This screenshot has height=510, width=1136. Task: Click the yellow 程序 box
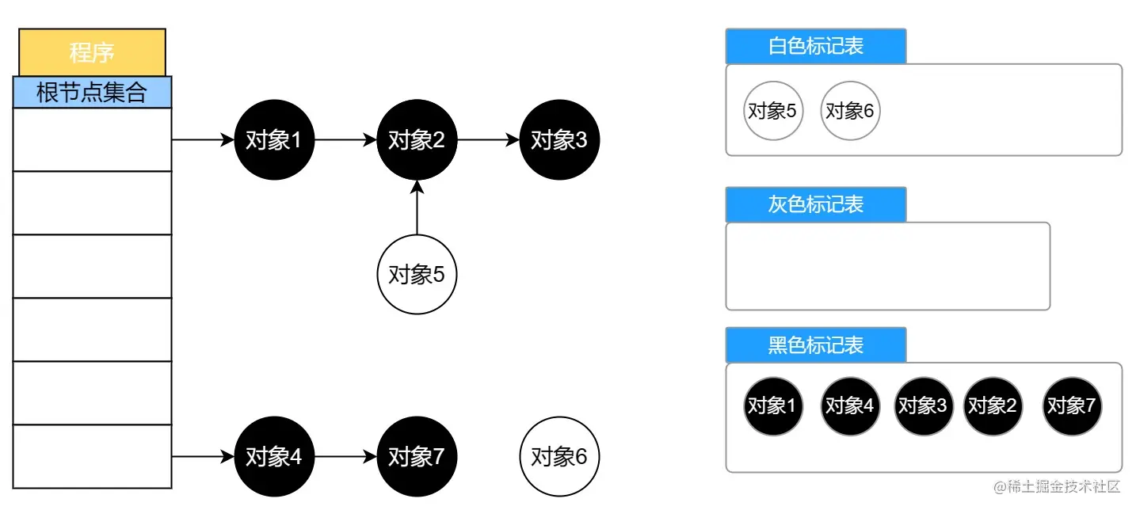(92, 52)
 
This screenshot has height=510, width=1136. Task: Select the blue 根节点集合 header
(92, 92)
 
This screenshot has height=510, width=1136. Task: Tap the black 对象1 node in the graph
(274, 140)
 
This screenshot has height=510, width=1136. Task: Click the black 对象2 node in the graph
(417, 140)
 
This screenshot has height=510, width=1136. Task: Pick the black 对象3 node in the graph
(559, 140)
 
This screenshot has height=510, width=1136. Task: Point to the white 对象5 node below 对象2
(417, 275)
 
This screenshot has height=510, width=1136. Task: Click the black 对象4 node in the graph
(274, 457)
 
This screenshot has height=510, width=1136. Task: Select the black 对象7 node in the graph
(417, 457)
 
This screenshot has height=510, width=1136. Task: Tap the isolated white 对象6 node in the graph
(559, 457)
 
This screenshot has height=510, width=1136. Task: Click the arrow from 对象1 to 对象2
(345, 140)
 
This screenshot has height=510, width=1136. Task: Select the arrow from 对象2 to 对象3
(488, 140)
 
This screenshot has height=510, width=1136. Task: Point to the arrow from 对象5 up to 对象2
(417, 207)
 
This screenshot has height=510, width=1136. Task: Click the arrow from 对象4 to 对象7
(345, 457)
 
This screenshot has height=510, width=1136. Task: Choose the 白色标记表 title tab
(815, 46)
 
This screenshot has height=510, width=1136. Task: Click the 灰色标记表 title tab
(815, 204)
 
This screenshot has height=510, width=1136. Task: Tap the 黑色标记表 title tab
(815, 345)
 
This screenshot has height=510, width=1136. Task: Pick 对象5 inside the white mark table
(773, 111)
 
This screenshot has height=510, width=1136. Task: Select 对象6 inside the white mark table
(850, 111)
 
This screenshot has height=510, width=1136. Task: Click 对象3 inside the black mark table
(923, 406)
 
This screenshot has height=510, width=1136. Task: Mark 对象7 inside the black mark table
(1072, 406)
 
